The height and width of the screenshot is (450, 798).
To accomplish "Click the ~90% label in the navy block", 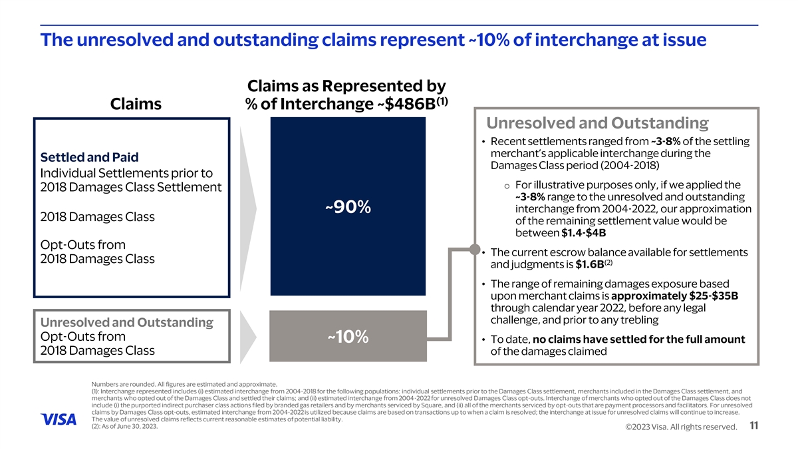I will [x=348, y=207].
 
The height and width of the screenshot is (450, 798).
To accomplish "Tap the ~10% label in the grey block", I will [x=348, y=337].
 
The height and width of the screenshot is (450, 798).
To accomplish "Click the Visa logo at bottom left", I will [x=59, y=419].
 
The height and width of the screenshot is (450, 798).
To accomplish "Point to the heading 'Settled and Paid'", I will [x=90, y=158].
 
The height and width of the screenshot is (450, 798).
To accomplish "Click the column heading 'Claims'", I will [x=136, y=104].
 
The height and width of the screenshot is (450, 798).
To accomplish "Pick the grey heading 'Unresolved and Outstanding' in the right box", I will [x=597, y=123].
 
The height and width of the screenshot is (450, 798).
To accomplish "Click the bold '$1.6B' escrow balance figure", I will [x=589, y=265].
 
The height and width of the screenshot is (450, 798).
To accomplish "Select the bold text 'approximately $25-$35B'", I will [x=674, y=296].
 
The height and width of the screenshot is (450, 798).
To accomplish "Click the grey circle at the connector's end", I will [x=474, y=250].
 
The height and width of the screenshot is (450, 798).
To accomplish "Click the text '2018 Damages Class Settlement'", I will [x=131, y=187].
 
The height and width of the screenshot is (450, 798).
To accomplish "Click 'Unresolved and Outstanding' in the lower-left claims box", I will [x=126, y=322].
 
